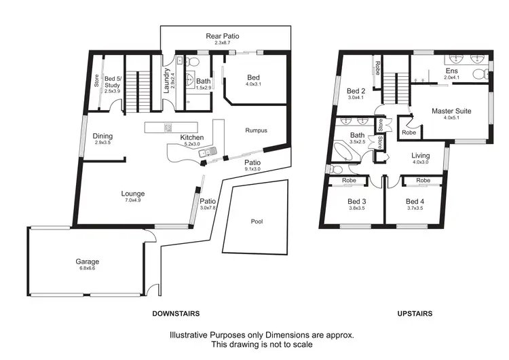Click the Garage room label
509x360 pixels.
pos(88,262)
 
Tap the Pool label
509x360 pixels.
pos(256,221)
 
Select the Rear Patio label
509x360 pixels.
pos(223,36)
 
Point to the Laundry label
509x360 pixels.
pos(167,81)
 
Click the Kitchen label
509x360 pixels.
pos(191,138)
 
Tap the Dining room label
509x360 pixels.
pos(102,136)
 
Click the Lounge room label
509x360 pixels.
pos(133,194)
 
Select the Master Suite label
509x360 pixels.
pos(452,111)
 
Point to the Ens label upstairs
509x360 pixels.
pos(451,71)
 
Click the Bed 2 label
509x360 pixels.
pos(356,91)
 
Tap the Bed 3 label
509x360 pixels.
pos(357,201)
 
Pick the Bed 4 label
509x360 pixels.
pos(415,201)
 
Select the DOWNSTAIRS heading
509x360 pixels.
pos(176,314)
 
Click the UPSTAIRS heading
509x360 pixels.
pos(415,314)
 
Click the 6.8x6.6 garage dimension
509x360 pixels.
pos(88,269)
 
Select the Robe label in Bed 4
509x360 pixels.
pos(423,181)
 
